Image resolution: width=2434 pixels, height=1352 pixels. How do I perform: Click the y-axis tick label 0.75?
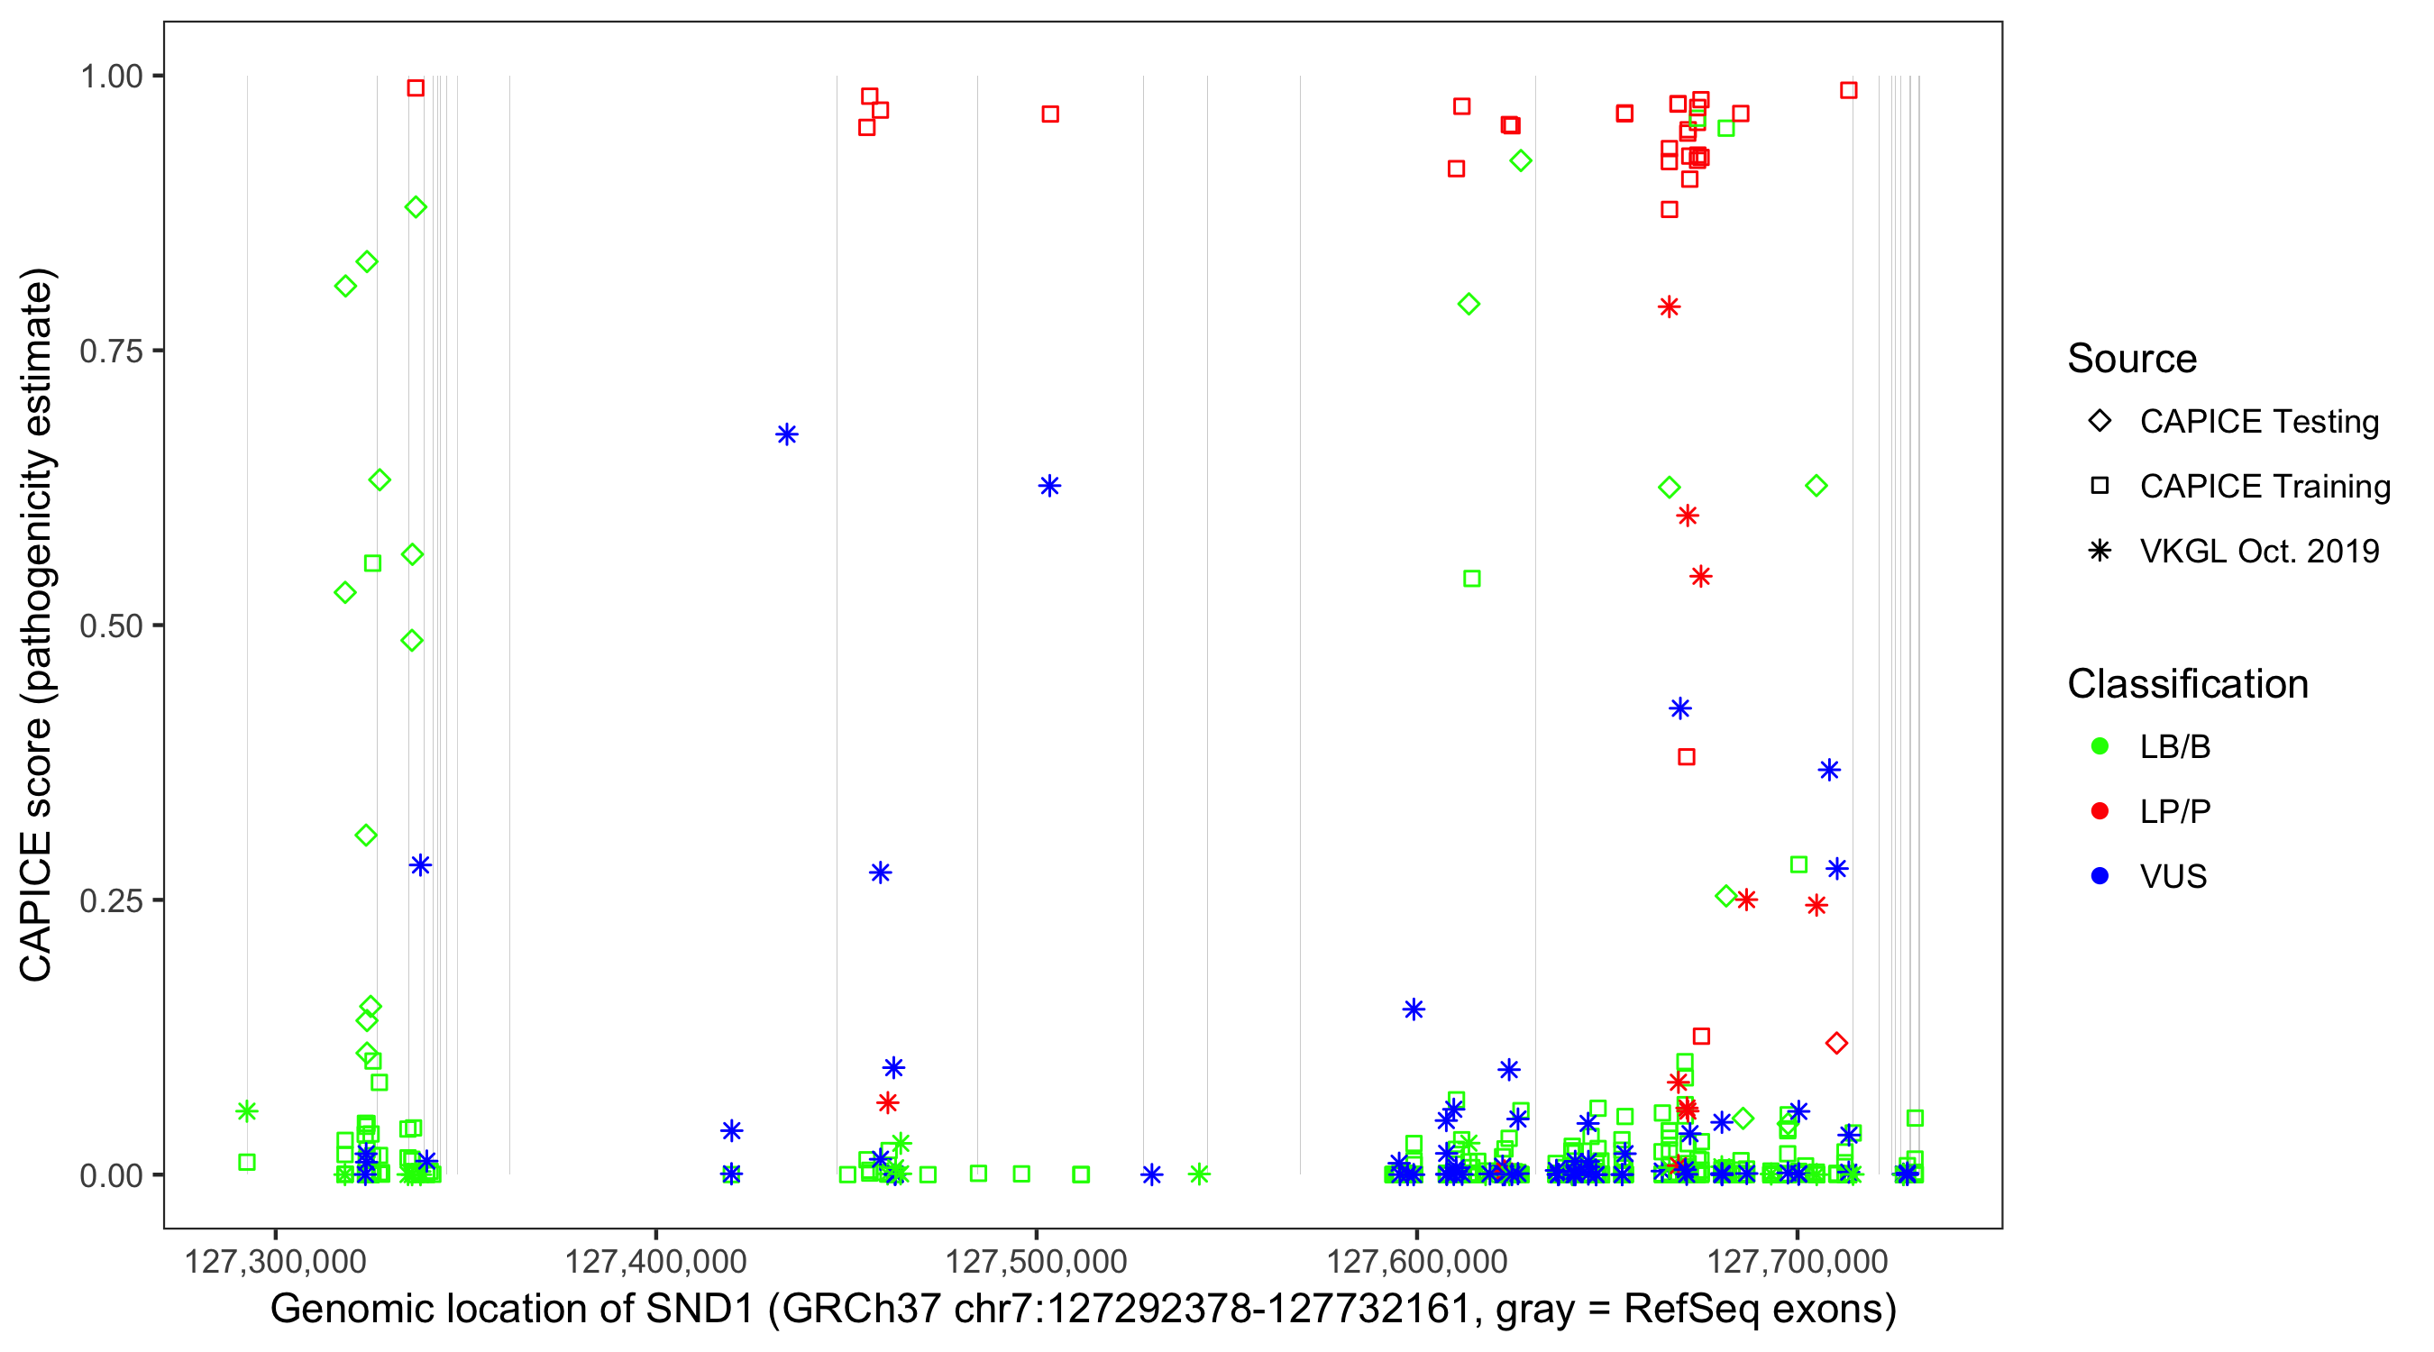(x=110, y=351)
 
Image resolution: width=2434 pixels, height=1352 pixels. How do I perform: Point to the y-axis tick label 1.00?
(x=110, y=76)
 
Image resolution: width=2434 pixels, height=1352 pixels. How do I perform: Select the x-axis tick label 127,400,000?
(x=654, y=1261)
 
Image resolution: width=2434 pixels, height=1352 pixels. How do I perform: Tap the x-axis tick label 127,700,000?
(x=1797, y=1261)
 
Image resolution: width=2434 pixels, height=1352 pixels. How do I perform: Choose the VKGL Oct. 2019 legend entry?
(x=2258, y=551)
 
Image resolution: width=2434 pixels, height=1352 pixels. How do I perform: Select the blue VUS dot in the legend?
(x=2100, y=876)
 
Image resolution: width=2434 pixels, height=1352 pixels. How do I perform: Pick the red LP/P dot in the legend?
(x=2100, y=811)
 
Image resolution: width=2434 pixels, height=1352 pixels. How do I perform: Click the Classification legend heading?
(x=2187, y=684)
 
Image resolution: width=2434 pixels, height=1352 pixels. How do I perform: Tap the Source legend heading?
(x=2132, y=359)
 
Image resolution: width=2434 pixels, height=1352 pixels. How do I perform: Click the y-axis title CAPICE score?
(x=38, y=625)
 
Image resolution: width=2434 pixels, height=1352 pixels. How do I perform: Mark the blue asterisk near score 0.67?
(x=786, y=434)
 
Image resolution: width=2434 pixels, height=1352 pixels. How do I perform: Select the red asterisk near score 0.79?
(x=1669, y=307)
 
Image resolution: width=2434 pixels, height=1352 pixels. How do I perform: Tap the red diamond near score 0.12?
(x=1836, y=1043)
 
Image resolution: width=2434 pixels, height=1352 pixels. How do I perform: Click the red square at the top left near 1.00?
(x=415, y=87)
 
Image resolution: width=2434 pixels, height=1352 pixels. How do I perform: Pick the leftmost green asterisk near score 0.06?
(x=247, y=1111)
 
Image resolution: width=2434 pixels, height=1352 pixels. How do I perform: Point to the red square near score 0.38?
(x=1687, y=757)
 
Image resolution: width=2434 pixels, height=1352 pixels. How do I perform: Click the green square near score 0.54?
(x=1471, y=579)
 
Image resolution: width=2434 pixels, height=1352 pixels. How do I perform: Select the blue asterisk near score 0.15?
(x=1414, y=1009)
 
